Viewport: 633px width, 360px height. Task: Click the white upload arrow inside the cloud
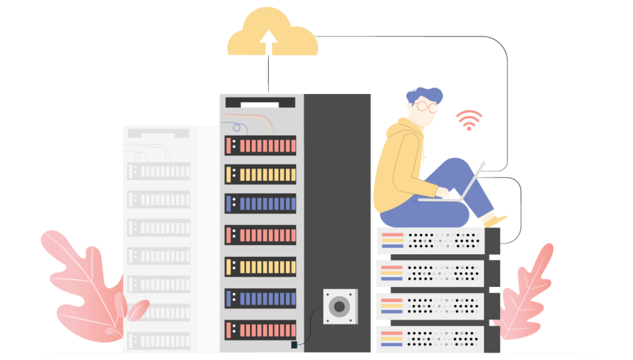pyautogui.click(x=268, y=41)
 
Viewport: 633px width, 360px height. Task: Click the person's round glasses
pyautogui.click(x=426, y=106)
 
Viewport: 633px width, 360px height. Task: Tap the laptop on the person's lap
pyautogui.click(x=457, y=188)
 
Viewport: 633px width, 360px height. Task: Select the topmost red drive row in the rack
pyautogui.click(x=260, y=146)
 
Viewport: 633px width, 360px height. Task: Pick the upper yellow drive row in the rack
pyautogui.click(x=260, y=174)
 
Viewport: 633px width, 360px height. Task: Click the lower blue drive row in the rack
pyautogui.click(x=260, y=298)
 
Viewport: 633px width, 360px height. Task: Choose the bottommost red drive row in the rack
pyautogui.click(x=260, y=330)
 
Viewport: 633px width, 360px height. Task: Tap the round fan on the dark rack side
pyautogui.click(x=339, y=306)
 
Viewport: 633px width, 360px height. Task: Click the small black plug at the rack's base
pyautogui.click(x=294, y=344)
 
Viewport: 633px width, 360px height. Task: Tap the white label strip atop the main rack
pyautogui.click(x=260, y=105)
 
